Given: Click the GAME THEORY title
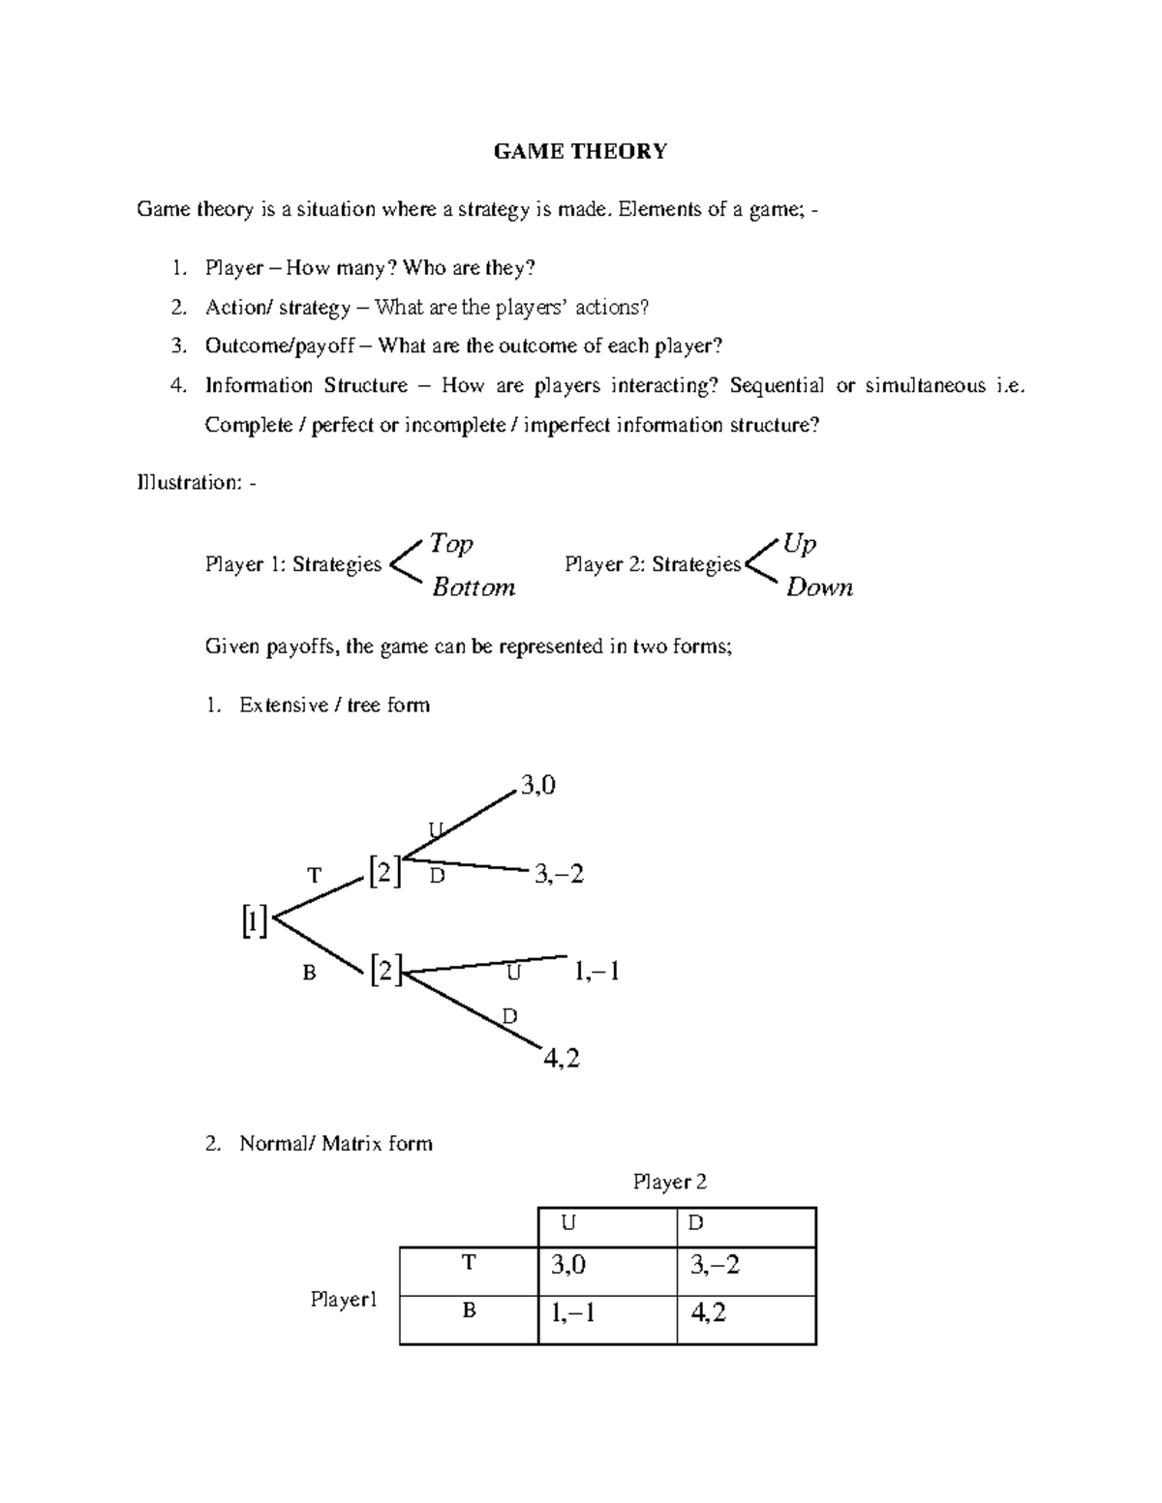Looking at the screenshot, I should [x=580, y=151].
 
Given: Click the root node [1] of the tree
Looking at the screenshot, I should [x=254, y=921].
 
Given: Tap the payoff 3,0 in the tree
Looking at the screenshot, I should [x=538, y=786].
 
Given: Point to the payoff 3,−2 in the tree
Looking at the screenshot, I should [x=559, y=875].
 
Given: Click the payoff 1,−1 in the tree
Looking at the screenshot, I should [x=596, y=971].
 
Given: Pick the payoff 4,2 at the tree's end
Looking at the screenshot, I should [x=562, y=1059].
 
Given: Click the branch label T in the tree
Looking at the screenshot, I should [x=314, y=876].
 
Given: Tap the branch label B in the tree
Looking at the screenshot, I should [x=309, y=974].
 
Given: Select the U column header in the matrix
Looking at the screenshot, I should [x=568, y=1223].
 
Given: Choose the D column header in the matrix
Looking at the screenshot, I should [x=695, y=1223].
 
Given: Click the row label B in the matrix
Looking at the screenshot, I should [x=469, y=1311].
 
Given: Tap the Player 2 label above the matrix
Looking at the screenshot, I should [x=670, y=1182].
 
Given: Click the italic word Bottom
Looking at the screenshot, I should [x=474, y=587].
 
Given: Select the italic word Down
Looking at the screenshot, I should [x=819, y=587].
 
